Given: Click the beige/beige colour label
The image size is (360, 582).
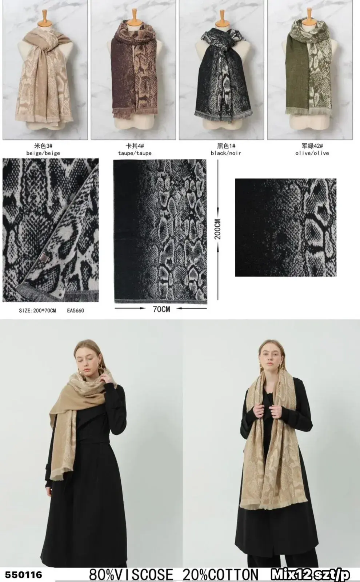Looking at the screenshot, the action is [43, 153].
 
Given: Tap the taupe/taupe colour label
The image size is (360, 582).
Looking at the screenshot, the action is [135, 153].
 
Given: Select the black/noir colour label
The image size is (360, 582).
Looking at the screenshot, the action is [226, 153].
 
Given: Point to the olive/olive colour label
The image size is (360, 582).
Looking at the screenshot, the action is [312, 153].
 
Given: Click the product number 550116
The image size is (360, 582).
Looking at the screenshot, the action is [23, 574].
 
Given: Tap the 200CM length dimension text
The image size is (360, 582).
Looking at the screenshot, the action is [218, 229].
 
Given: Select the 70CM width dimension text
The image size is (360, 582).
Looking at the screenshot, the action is [161, 309].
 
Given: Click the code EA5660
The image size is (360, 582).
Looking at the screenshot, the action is [76, 311].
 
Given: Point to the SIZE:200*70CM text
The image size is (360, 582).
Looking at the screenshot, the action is [37, 311].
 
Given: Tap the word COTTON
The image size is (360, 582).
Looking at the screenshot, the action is [233, 574].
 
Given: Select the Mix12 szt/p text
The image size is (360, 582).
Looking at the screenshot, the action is [310, 574].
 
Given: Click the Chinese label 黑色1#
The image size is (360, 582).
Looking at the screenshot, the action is [226, 146].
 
